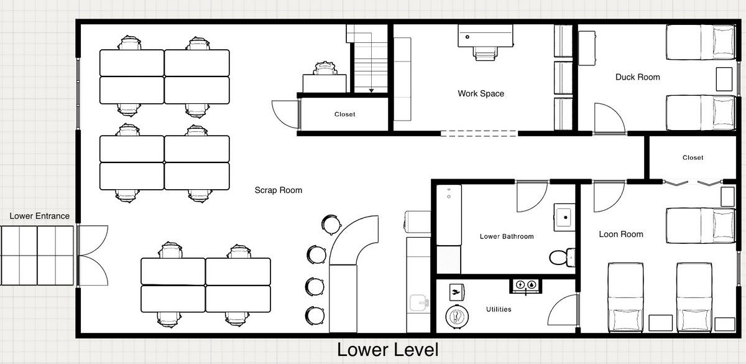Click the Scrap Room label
point(279,190)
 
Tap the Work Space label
point(481,93)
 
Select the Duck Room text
point(637,77)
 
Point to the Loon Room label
point(621,235)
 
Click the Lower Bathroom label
point(507,236)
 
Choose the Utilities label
point(499,309)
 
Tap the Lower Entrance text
point(40,216)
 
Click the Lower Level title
point(388,350)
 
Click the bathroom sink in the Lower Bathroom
point(564,217)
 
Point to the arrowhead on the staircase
point(371,91)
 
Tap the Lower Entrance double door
point(93,256)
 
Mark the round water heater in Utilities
point(457,316)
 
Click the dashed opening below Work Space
point(479,134)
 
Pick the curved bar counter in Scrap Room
point(354,241)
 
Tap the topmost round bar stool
point(331,224)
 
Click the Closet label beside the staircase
point(344,114)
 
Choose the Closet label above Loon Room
point(693,157)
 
